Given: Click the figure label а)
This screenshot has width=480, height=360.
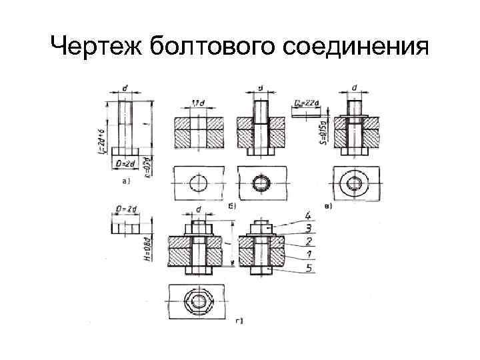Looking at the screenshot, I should point(124,180).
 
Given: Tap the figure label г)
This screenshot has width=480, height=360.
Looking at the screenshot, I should point(239,321).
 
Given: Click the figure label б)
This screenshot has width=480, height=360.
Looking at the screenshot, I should point(231,206).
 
